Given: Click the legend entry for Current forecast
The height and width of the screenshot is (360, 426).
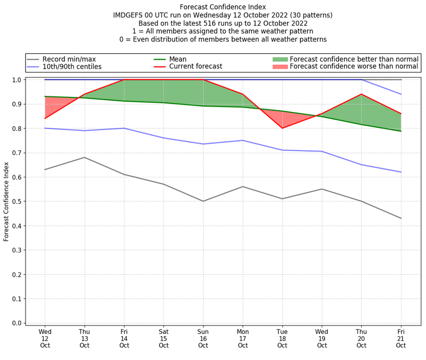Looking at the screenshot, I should point(195,67).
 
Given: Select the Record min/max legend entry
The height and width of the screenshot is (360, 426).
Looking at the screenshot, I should point(70,59).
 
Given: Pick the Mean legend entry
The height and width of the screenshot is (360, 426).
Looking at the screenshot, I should point(178,59).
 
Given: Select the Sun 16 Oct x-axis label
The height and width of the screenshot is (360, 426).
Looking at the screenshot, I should point(203,338).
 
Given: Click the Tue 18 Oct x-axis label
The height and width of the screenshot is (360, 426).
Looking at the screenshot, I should point(282,338).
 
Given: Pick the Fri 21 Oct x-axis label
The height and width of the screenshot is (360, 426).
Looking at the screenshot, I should point(401,338).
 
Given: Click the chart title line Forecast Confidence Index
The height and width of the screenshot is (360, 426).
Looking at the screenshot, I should point(223,7).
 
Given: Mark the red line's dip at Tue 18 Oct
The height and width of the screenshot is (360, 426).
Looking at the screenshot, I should point(282,128).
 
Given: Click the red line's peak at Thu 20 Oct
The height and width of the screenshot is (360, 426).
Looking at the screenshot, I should point(362,94).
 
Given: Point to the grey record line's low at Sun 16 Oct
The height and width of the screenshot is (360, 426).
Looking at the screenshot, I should point(203,201).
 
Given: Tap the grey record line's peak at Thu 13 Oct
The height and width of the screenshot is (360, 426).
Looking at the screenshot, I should point(84,157).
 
